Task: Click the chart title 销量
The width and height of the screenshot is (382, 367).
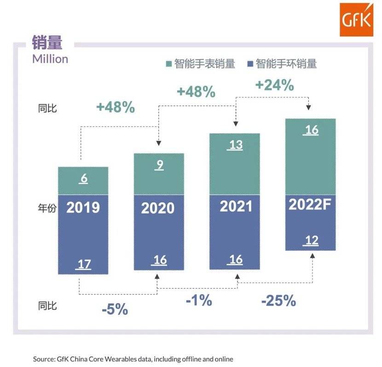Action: coord(46,42)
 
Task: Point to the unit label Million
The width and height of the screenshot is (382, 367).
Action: coord(50,59)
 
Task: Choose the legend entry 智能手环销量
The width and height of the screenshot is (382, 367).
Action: coord(282,64)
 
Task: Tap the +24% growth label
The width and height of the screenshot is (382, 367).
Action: coord(274,85)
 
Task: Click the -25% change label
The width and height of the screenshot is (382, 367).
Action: coord(278,301)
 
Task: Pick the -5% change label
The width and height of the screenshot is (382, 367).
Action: coord(115,309)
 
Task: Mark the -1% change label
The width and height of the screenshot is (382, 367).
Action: coord(199,301)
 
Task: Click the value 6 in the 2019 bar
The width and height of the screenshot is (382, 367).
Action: coord(83,179)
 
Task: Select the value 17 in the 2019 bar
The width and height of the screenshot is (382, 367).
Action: coord(83,265)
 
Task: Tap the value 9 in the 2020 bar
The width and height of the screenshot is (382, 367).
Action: coord(159,165)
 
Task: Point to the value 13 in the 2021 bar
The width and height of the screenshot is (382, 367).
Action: coord(235,145)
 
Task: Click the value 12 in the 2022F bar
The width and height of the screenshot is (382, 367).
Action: coord(312,240)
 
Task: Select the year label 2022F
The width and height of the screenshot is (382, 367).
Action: coord(310,205)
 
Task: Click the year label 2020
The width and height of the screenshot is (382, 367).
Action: coord(158,208)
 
